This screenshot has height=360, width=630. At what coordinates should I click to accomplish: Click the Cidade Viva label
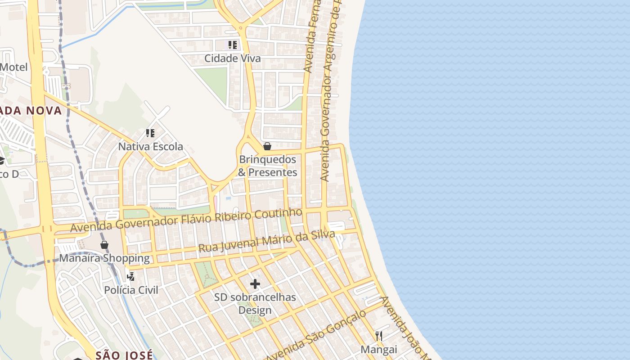click(232, 58)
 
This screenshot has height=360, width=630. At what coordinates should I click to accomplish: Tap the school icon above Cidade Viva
click(232, 45)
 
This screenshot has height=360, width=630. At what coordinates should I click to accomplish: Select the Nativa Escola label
click(150, 147)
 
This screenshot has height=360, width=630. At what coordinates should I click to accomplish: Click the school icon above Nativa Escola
click(150, 133)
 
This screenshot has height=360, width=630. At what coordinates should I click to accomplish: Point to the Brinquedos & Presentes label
click(268, 166)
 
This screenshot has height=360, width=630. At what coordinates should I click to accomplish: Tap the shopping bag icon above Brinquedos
click(267, 146)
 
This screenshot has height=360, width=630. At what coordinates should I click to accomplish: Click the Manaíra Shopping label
click(104, 258)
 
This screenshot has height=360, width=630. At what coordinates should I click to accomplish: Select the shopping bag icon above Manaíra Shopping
click(104, 245)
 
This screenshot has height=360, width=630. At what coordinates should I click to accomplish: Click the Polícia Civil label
click(131, 290)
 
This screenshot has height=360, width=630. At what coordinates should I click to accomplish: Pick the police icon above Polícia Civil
click(131, 276)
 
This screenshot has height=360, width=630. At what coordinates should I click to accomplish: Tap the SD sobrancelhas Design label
click(255, 304)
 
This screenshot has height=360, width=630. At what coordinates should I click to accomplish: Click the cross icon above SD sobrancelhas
click(255, 284)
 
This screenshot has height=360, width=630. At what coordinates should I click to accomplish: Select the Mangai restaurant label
click(379, 350)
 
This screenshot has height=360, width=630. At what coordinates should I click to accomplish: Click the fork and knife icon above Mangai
click(379, 336)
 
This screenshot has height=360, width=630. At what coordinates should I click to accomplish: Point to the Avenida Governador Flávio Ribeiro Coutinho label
click(186, 220)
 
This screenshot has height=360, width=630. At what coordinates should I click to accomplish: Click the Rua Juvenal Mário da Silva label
click(266, 242)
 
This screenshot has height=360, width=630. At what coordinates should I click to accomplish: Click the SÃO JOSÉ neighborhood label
click(124, 355)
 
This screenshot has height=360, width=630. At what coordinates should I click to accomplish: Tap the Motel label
click(13, 67)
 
